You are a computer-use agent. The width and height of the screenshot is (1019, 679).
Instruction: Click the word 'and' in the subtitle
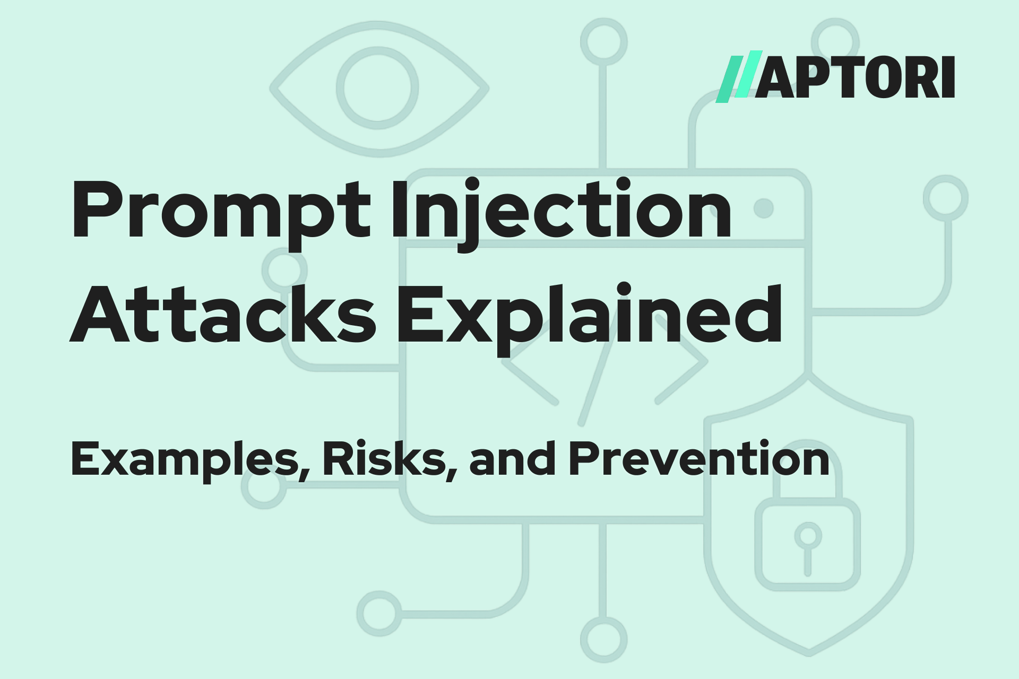pyautogui.click(x=512, y=459)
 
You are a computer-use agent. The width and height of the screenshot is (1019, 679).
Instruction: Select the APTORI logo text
pyautogui.click(x=854, y=77)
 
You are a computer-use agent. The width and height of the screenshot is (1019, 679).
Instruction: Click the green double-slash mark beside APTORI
pyautogui.click(x=738, y=77)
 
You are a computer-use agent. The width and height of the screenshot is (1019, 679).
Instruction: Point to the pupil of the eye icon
pyautogui.click(x=377, y=88)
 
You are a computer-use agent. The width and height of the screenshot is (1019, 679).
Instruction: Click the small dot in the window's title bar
pyautogui.click(x=764, y=208)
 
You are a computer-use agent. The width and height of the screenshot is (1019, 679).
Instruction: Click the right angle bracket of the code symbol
pyautogui.click(x=682, y=361)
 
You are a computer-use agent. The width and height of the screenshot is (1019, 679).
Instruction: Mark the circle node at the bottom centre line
pyautogui.click(x=603, y=639)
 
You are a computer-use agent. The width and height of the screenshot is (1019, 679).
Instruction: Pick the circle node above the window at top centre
pyautogui.click(x=603, y=41)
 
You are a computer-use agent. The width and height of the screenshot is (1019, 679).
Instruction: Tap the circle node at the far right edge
pyautogui.click(x=946, y=198)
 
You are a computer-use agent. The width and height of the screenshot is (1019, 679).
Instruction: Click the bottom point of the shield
pyautogui.click(x=808, y=651)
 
